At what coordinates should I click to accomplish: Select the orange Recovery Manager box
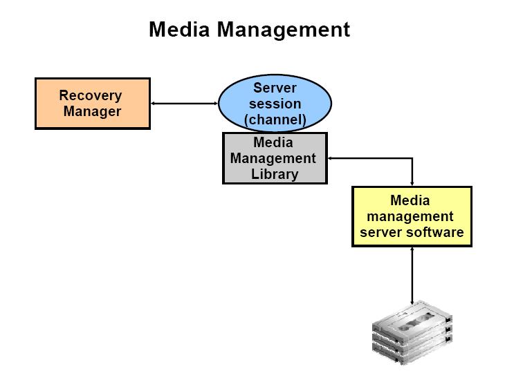pos(92,103)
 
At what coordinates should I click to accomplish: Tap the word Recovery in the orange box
pos(91,95)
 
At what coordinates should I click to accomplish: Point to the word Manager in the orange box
pos(92,111)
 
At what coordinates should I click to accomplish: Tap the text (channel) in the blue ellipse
pos(275,120)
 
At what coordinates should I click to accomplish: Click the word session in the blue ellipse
pos(275,104)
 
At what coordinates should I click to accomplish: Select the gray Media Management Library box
pos(274,158)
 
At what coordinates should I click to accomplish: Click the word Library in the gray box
pos(274,173)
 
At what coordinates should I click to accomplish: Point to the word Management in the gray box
pos(273,158)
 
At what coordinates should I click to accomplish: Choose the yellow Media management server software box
pos(412,216)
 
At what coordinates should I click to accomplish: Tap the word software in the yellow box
pos(436,232)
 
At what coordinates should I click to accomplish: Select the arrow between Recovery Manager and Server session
pos(184,104)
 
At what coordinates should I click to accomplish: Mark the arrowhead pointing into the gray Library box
pos(331,158)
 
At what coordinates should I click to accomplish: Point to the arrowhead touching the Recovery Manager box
pos(154,104)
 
